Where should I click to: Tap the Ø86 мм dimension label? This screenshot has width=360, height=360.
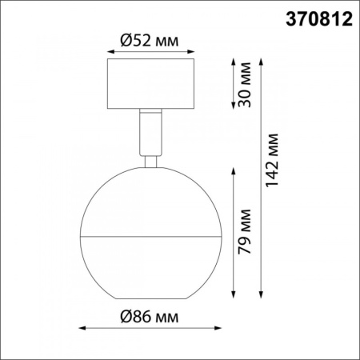[150, 316]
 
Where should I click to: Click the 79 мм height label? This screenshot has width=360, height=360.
[246, 231]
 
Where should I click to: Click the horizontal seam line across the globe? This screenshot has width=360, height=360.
[150, 237]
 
